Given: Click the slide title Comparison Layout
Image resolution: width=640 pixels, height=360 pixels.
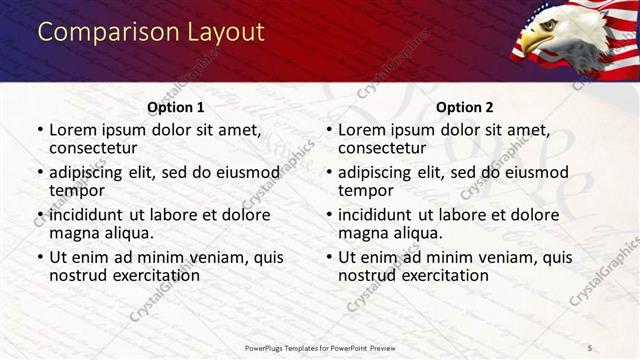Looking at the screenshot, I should pyautogui.click(x=151, y=32).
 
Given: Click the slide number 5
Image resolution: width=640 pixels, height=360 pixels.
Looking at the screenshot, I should pyautogui.click(x=590, y=347).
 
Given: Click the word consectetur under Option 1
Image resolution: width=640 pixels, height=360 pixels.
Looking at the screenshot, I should pyautogui.click(x=93, y=149).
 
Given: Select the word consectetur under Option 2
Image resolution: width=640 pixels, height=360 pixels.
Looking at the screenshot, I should pyautogui.click(x=382, y=149).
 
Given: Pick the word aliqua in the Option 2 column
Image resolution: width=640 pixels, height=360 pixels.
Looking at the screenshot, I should pyautogui.click(x=420, y=233).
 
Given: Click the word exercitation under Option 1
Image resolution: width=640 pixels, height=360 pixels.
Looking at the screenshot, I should pyautogui.click(x=149, y=275).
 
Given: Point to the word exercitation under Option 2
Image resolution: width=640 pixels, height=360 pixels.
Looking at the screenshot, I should pyautogui.click(x=438, y=275).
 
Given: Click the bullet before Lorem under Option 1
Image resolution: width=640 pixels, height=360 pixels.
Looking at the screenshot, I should pyautogui.click(x=40, y=130).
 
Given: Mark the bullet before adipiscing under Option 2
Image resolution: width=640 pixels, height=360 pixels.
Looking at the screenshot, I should pyautogui.click(x=329, y=172).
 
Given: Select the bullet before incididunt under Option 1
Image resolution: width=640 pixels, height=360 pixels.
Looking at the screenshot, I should pyautogui.click(x=40, y=214).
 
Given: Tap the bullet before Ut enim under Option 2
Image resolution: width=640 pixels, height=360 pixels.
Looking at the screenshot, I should pyautogui.click(x=329, y=256).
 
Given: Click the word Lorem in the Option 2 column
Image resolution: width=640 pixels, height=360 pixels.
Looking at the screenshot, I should pyautogui.click(x=361, y=130).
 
